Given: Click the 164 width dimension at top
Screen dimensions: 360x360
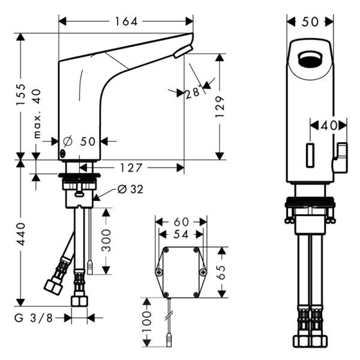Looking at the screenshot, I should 126,22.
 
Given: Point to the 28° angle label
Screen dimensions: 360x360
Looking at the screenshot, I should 192,93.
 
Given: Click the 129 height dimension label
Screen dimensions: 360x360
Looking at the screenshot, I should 221,106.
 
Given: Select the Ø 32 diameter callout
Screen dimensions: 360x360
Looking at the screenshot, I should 130,190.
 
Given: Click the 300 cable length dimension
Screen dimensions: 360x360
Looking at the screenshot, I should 107,240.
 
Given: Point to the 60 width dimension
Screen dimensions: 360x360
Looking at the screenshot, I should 181,222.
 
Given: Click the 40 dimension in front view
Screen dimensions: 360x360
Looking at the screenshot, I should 329,125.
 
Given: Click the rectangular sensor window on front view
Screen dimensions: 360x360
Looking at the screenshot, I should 310,155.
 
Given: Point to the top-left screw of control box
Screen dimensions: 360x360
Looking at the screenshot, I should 164,253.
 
